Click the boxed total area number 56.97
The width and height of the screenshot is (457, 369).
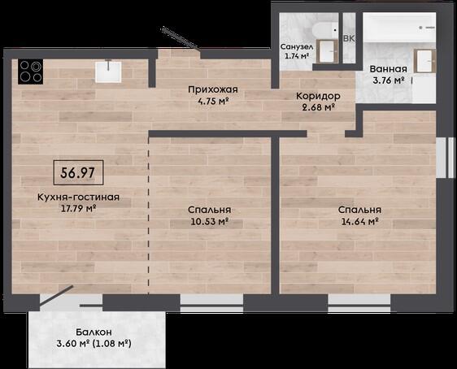pyautogui.click(x=78, y=172)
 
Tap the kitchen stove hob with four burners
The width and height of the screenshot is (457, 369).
pyautogui.click(x=30, y=72)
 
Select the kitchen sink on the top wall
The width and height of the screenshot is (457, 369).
pyautogui.click(x=108, y=72)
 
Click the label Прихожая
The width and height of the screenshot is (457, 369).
pyautogui.click(x=213, y=89)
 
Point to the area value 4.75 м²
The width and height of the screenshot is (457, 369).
pyautogui.click(x=213, y=102)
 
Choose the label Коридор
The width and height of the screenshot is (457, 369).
pyautogui.click(x=318, y=96)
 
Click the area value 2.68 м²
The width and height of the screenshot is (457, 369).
pyautogui.click(x=318, y=107)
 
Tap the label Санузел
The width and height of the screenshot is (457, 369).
pyautogui.click(x=297, y=47)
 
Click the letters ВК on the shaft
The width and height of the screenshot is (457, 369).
pyautogui.click(x=349, y=38)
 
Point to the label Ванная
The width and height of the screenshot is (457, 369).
pyautogui.click(x=388, y=69)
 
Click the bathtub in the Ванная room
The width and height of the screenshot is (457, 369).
pyautogui.click(x=399, y=28)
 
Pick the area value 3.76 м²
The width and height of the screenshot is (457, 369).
pyautogui.click(x=388, y=80)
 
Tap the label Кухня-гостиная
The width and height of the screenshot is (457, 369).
pyautogui.click(x=78, y=197)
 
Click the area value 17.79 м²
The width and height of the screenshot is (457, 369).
pyautogui.click(x=78, y=209)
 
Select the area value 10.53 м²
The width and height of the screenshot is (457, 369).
pyautogui.click(x=210, y=221)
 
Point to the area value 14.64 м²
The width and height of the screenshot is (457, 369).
pyautogui.click(x=359, y=221)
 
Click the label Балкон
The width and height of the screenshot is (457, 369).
pyautogui.click(x=94, y=332)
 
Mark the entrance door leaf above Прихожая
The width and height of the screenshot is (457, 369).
pyautogui.click(x=181, y=38)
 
